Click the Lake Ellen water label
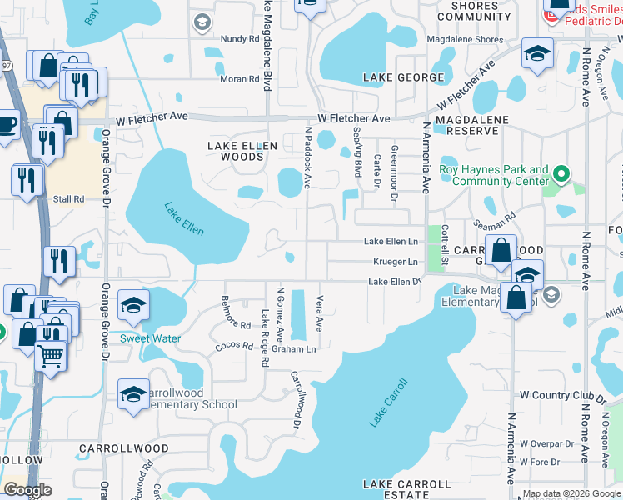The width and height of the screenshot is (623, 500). click(183, 219)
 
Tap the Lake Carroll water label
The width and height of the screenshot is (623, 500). click(389, 403)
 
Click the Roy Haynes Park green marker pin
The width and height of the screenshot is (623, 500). click(561, 175)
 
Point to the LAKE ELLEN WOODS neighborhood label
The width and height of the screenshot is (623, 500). click(242, 151)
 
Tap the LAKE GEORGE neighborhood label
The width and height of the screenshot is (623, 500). click(403, 77)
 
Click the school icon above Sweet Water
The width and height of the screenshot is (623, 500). click(133, 306)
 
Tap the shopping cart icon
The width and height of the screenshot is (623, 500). click(51, 356)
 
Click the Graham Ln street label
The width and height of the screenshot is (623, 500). click(299, 349)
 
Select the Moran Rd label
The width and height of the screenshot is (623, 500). click(240, 79)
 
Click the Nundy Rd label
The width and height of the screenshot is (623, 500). click(240, 39)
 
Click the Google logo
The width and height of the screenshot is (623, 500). click(28, 489)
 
